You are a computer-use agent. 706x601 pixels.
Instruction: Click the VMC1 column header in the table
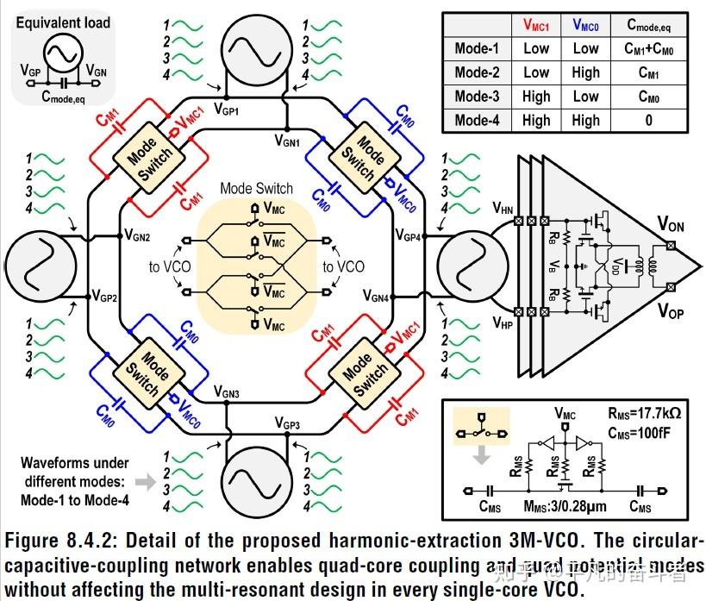click(536, 26)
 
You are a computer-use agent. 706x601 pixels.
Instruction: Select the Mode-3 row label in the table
click(477, 97)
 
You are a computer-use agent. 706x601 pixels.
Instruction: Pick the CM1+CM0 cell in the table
click(648, 49)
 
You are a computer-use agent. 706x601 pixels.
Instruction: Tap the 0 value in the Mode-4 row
click(647, 121)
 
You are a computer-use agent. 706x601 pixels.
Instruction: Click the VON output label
click(672, 225)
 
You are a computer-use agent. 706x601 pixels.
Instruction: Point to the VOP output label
click(672, 312)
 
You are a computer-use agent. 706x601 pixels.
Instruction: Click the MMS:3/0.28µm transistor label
click(560, 507)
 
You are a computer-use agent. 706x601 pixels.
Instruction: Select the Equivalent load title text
click(63, 22)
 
